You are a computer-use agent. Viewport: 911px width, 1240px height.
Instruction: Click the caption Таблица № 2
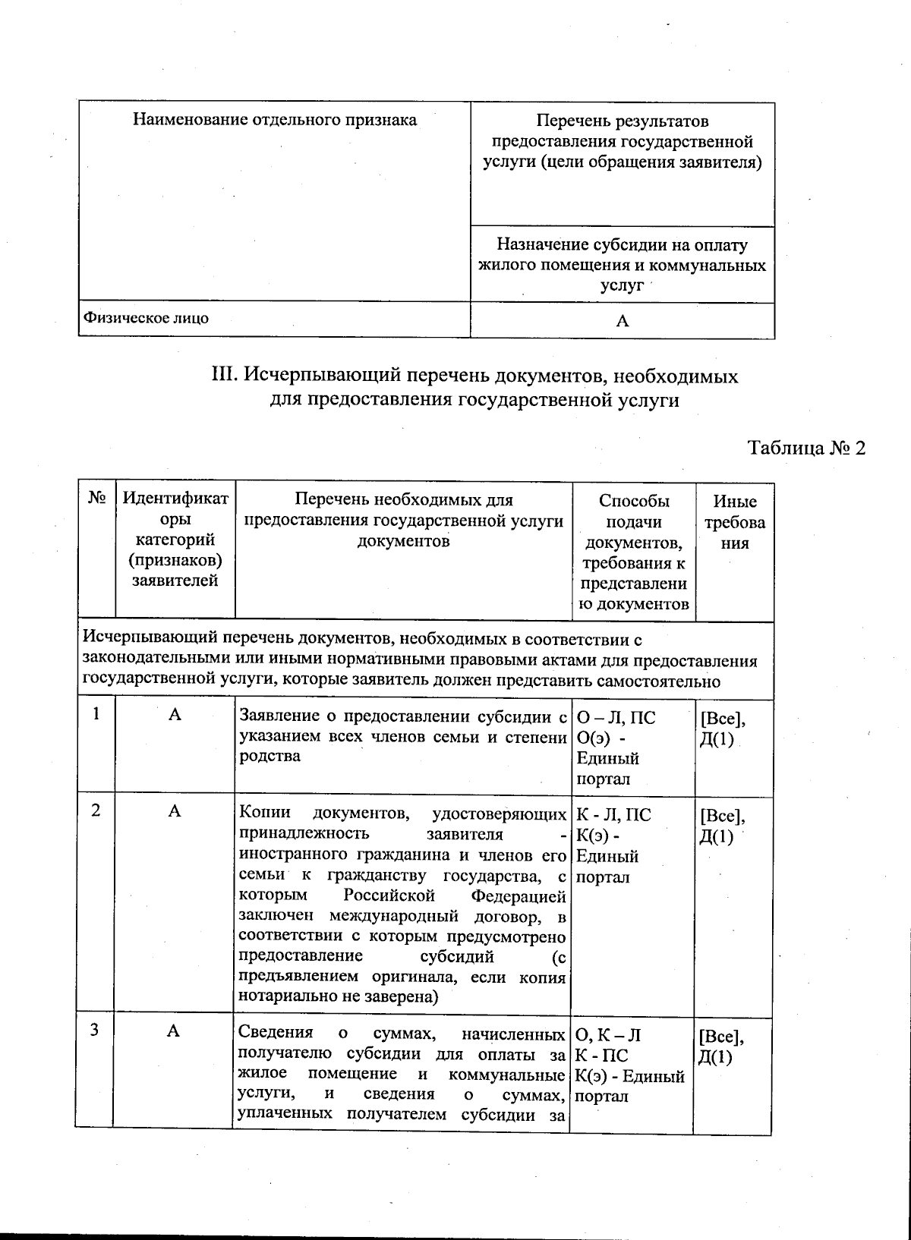pyautogui.click(x=806, y=447)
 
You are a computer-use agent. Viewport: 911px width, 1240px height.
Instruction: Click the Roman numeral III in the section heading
pyautogui.click(x=223, y=376)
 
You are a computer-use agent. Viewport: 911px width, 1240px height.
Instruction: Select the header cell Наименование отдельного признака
pyautogui.click(x=275, y=120)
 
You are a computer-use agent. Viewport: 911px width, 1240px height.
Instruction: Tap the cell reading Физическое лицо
pyautogui.click(x=146, y=318)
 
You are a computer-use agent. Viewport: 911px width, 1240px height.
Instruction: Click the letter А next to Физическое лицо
pyautogui.click(x=623, y=321)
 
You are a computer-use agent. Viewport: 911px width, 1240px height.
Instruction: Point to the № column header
pyautogui.click(x=96, y=499)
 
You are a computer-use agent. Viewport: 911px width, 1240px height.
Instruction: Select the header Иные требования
pyautogui.click(x=734, y=522)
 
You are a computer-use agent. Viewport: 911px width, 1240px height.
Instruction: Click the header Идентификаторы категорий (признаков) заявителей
pyautogui.click(x=175, y=540)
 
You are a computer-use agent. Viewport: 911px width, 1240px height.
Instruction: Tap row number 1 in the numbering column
pyautogui.click(x=96, y=713)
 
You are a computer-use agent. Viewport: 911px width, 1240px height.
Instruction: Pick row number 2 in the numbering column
pyautogui.click(x=96, y=810)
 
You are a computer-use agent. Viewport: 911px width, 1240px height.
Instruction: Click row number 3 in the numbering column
pyautogui.click(x=95, y=1030)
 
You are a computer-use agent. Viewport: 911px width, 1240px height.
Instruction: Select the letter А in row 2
pyautogui.click(x=175, y=811)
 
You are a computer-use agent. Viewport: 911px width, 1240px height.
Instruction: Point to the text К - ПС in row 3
pyautogui.click(x=601, y=1055)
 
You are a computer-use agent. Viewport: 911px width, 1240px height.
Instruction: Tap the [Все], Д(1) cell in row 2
pyautogui.click(x=721, y=826)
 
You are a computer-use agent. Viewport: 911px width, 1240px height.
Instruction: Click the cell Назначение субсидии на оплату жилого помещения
pyautogui.click(x=622, y=265)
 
